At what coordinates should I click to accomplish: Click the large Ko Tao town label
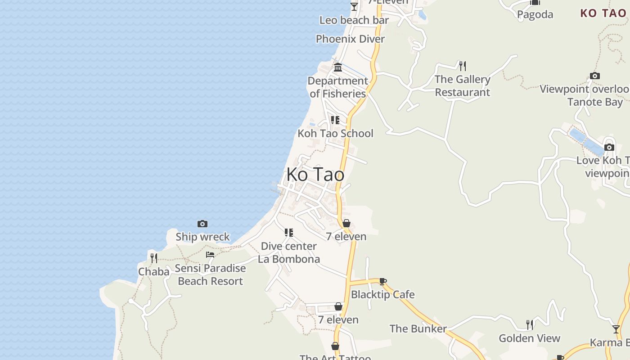pos(315,175)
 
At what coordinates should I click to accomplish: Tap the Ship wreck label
pos(202,237)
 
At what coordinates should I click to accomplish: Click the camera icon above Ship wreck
pos(202,224)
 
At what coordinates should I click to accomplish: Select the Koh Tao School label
pos(335,133)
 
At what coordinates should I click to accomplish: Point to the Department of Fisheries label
pos(337,87)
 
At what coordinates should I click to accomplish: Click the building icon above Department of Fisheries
pos(338,67)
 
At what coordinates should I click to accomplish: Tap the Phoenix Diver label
pos(350,39)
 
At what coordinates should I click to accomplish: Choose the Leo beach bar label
pos(354,20)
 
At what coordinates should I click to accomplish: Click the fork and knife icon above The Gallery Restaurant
pos(463,66)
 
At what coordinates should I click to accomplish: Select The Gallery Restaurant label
pos(463,86)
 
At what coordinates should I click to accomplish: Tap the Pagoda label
pos(535,14)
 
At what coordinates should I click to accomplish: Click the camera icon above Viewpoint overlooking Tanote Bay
pos(595,76)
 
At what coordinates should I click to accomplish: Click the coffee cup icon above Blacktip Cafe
pos(382,282)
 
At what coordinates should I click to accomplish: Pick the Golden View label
pos(529,338)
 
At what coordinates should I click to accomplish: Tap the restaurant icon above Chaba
pos(154,258)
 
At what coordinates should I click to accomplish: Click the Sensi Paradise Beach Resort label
pos(210,274)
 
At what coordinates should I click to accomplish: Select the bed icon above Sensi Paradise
pos(210,255)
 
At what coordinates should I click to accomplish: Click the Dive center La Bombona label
pos(289,252)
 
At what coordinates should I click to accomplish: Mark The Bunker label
pos(418,328)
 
